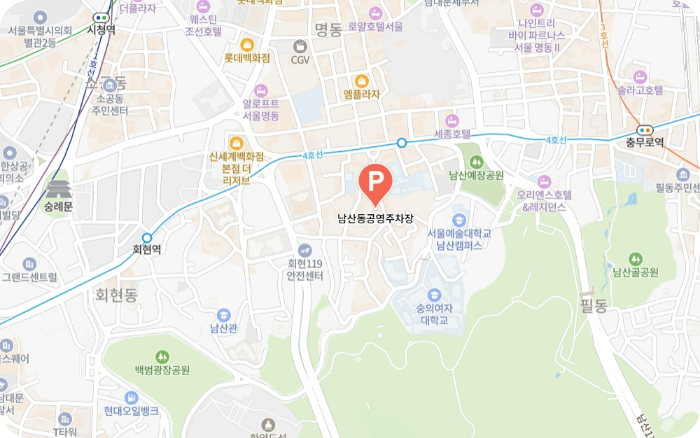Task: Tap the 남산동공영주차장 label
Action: [x=375, y=215]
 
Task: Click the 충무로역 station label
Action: [x=645, y=142]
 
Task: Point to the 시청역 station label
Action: [x=102, y=29]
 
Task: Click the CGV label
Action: [x=300, y=59]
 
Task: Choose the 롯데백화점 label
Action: [x=247, y=58]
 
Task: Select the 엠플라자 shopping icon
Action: [x=361, y=80]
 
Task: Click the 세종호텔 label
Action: [x=452, y=132]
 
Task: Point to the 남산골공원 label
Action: [x=636, y=272]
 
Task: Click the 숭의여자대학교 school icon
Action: [x=434, y=295]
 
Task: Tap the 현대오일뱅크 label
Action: [x=130, y=410]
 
